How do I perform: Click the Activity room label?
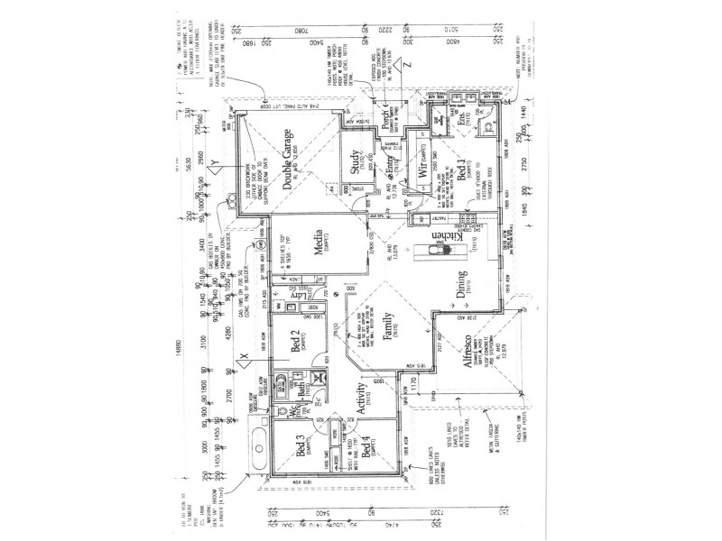click(361, 397)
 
